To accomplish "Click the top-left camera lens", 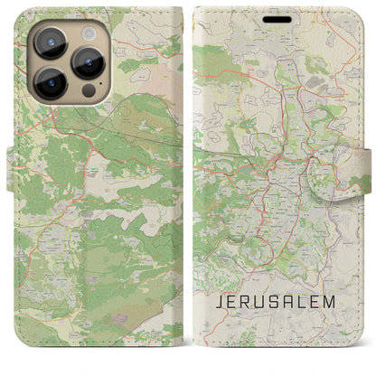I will point(50,43).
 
